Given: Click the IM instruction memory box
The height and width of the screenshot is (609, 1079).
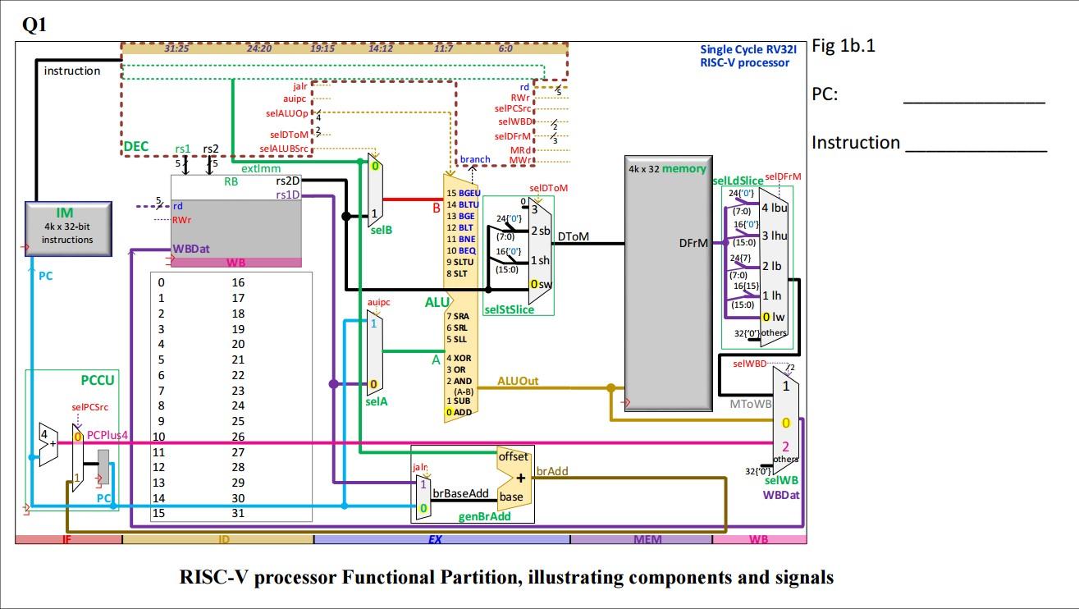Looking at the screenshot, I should click(x=68, y=223).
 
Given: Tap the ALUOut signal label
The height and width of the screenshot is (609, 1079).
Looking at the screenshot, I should click(x=518, y=382).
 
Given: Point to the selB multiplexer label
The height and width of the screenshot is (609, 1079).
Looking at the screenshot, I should click(x=381, y=231).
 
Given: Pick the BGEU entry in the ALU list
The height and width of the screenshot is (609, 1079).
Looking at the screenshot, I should click(x=464, y=192).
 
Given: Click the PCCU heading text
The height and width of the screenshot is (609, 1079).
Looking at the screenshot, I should click(x=98, y=380).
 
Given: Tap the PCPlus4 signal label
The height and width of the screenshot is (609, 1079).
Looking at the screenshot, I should click(x=107, y=435).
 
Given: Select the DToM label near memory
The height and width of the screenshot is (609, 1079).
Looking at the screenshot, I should click(x=573, y=238).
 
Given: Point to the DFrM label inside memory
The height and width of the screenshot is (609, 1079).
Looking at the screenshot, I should click(x=693, y=243).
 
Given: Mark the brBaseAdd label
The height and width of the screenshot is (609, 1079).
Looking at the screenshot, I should click(x=460, y=493).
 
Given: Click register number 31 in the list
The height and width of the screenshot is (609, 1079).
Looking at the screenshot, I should click(x=238, y=513).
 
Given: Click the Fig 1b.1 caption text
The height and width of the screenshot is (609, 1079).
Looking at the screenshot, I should click(x=844, y=46).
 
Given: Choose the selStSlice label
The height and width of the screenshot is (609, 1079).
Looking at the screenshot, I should click(x=509, y=309).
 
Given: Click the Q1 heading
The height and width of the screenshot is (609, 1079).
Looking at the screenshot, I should click(x=34, y=25).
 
